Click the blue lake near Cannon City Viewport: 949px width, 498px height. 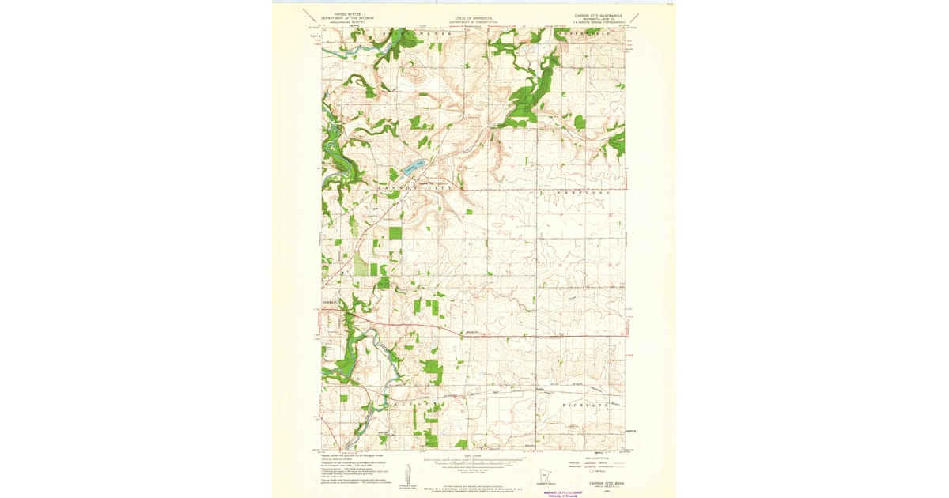click(414, 166)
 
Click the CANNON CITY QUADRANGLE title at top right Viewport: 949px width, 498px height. click(599, 15)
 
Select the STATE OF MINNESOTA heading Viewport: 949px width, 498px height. click(471, 16)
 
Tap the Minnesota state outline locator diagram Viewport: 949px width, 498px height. click(539, 476)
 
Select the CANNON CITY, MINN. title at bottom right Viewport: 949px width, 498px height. click(606, 481)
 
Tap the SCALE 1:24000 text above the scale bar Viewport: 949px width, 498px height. click(473, 455)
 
